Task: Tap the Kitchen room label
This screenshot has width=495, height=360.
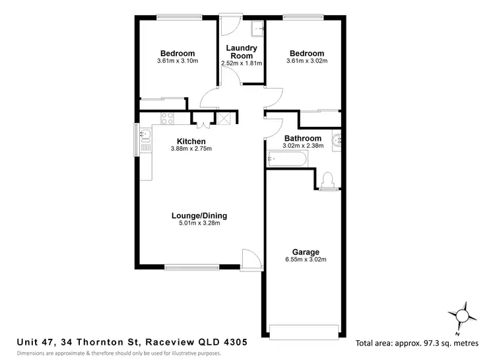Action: (x=191, y=141)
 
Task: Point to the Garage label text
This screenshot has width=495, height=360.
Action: (x=306, y=252)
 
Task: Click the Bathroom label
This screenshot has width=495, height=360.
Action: (x=303, y=138)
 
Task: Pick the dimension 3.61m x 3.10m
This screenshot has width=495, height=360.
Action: (x=178, y=61)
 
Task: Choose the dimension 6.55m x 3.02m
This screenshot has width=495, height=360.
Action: (x=306, y=260)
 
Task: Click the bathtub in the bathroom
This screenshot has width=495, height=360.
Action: (x=287, y=159)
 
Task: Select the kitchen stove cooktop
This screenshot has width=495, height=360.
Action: (x=166, y=119)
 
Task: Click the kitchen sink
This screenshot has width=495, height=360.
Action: (x=146, y=138)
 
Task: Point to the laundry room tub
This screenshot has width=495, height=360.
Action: (x=257, y=28)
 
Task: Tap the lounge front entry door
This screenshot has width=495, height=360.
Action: (x=250, y=259)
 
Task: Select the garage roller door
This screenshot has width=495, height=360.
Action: (x=306, y=331)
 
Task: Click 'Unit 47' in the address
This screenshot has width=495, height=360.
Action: (x=36, y=342)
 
